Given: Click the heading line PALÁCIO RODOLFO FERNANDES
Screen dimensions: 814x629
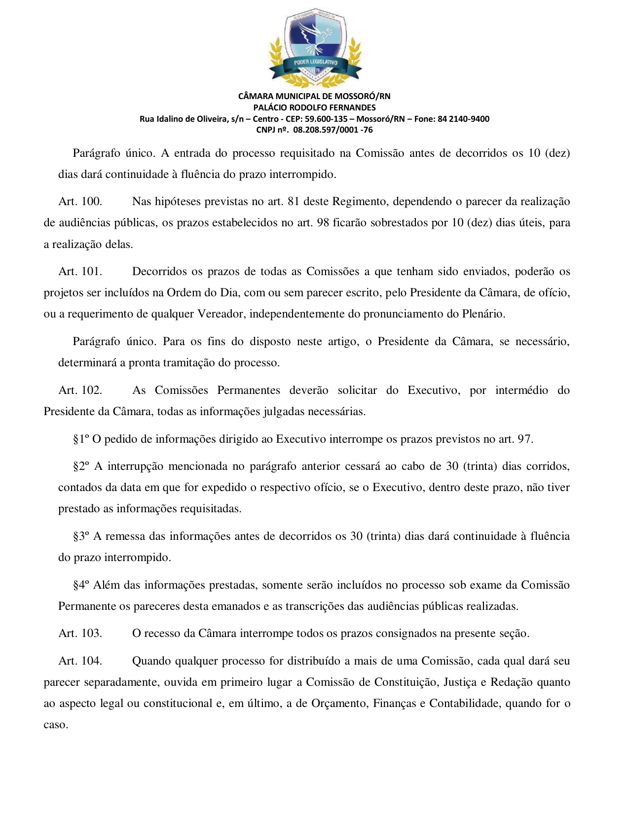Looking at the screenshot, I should pyautogui.click(x=314, y=107).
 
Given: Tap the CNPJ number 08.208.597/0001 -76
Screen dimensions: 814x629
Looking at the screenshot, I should pyautogui.click(x=333, y=130).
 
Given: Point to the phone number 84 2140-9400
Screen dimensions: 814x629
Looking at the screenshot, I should pyautogui.click(x=463, y=119).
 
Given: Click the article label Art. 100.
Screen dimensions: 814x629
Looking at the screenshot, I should pyautogui.click(x=80, y=202).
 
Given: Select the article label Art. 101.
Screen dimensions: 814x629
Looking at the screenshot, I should pyautogui.click(x=80, y=272).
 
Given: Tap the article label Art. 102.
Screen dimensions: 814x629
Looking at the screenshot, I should pyautogui.click(x=80, y=390).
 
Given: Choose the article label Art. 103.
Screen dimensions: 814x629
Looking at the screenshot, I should pyautogui.click(x=80, y=634).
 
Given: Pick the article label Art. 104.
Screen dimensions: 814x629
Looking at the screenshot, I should pyautogui.click(x=80, y=661).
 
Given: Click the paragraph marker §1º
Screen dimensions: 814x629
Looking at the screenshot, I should pyautogui.click(x=81, y=439).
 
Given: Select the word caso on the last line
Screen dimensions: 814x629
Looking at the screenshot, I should pyautogui.click(x=56, y=725).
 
